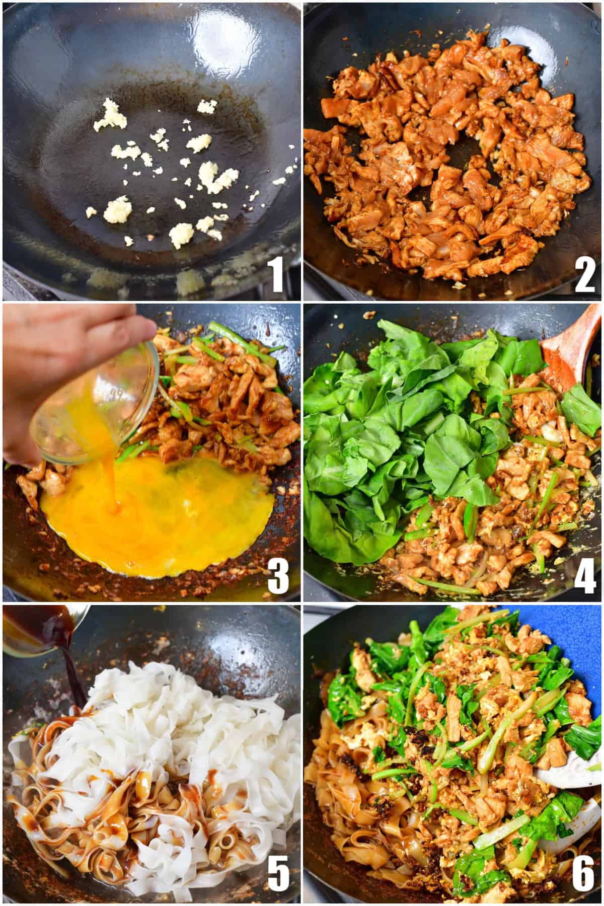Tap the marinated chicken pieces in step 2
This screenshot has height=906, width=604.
pyautogui.click(x=448, y=161)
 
